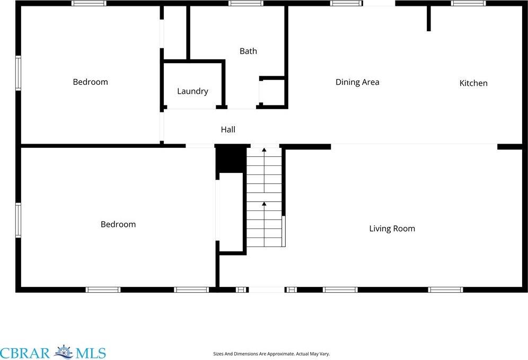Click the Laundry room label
coord(192,91)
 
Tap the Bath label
coord(248,51)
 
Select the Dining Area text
coord(357,82)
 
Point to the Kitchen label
coord(473,83)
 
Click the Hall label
coord(228,129)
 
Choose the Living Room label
coord(392,229)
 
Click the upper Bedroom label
coord(90,82)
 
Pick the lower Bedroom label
coord(118,224)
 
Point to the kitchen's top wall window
coord(468,3)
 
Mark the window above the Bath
coord(246,3)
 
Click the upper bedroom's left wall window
coord(18,73)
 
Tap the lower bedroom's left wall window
coord(18,220)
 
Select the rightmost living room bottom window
coord(445,289)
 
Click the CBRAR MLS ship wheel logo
coord(64,352)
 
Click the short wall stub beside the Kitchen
coord(429,19)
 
